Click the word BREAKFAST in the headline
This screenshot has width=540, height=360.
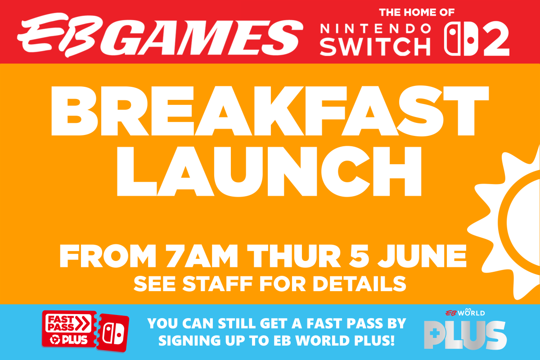270,111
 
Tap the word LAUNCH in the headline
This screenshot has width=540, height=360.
269,171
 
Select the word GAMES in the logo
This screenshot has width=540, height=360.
202,38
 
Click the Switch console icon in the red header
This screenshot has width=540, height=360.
461,39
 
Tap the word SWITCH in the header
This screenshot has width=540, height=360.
375,47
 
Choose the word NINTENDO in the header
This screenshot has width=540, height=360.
375,29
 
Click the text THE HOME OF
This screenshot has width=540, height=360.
417,13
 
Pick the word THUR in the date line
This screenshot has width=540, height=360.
294,256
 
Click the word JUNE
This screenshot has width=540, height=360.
422,256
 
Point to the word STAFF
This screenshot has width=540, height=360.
217,284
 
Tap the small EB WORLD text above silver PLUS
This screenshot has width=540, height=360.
465,312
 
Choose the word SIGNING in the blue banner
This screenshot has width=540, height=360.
189,341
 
